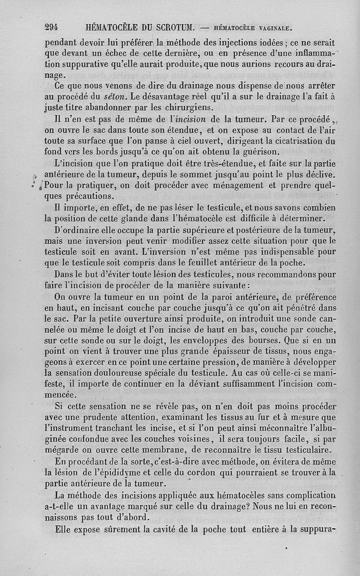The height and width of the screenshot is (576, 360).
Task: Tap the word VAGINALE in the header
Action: pos(273,28)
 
